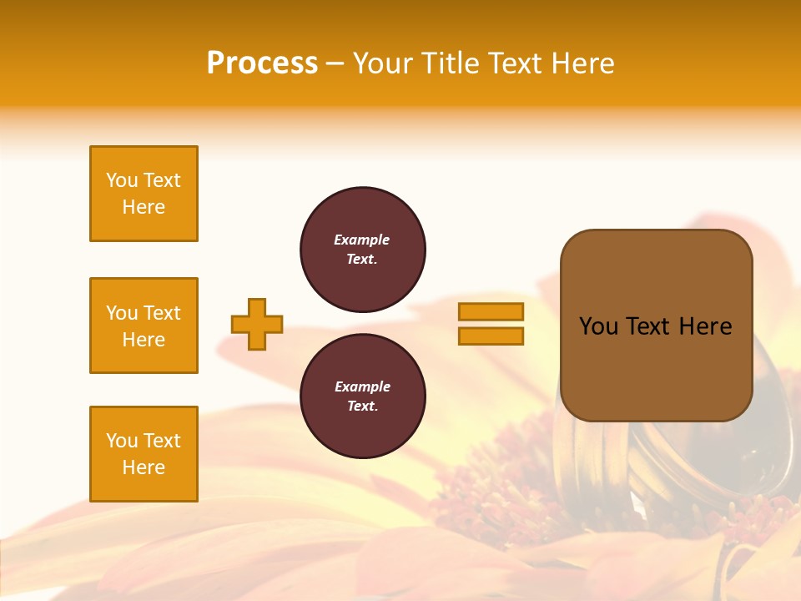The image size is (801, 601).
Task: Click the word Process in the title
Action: point(262,63)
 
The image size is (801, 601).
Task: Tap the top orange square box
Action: point(144,194)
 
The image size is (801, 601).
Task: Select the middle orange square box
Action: point(144,326)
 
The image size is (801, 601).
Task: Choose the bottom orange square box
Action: point(144,454)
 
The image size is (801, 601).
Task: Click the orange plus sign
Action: point(257,324)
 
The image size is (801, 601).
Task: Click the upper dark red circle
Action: point(363,250)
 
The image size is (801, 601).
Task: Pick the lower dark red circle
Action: point(363,396)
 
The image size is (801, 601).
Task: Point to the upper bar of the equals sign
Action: point(491,311)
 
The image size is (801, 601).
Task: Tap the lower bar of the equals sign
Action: point(491,336)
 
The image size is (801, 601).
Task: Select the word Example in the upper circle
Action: point(362,240)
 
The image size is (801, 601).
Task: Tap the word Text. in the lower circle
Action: point(362,407)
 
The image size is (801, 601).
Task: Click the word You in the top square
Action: point(122,180)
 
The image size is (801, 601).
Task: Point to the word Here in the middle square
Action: point(144,340)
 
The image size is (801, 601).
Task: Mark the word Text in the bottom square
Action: point(162,441)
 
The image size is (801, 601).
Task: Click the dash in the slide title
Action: point(335,63)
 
